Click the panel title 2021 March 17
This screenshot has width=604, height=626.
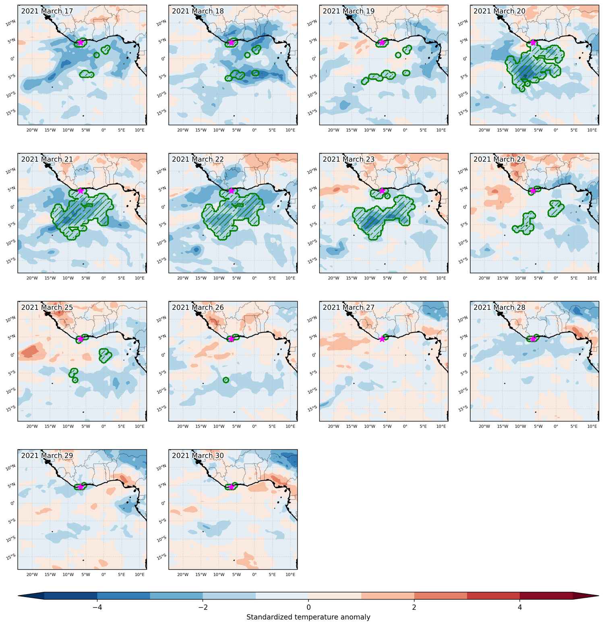[47, 11]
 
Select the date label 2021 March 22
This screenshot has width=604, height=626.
[198, 159]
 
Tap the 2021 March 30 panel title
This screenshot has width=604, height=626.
[198, 456]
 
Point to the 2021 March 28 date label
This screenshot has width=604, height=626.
[499, 308]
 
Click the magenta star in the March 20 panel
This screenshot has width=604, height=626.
[533, 42]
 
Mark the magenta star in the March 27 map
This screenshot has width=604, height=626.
[382, 339]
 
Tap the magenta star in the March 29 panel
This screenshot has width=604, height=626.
[81, 487]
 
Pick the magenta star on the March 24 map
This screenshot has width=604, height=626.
[533, 190]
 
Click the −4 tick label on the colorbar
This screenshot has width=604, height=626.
[97, 607]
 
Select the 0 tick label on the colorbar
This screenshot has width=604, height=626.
[308, 607]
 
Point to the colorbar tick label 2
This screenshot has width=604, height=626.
[414, 607]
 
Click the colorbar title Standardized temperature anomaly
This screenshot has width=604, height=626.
[308, 617]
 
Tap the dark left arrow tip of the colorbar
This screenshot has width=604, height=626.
[19, 596]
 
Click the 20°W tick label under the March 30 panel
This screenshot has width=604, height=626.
[183, 574]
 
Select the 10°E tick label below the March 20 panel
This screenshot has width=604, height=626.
[592, 130]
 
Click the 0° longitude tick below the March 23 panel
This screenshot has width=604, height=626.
[405, 278]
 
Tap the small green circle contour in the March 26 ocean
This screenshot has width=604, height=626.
[226, 380]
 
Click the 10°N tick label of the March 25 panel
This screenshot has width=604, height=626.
[11, 319]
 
